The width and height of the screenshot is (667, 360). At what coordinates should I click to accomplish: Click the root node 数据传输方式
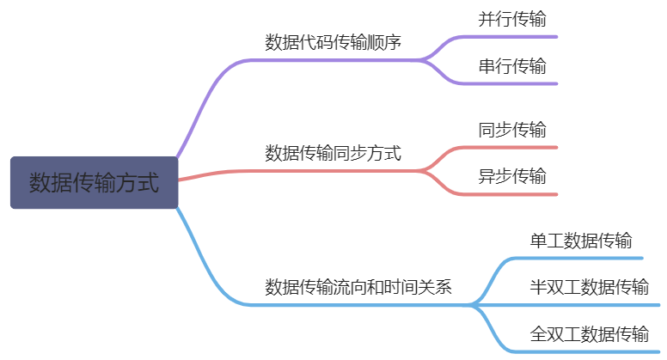[94, 182]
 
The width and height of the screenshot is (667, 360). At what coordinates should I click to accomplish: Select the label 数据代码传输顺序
[333, 42]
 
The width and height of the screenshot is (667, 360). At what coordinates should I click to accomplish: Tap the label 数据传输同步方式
[333, 154]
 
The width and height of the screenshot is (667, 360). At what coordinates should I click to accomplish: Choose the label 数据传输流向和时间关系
[358, 287]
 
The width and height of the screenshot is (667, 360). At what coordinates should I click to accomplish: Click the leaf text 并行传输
[511, 19]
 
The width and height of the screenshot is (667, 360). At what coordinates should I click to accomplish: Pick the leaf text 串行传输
[511, 66]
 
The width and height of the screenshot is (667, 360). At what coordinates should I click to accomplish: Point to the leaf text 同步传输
[511, 131]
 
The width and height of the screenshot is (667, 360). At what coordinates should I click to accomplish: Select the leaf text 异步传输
[511, 177]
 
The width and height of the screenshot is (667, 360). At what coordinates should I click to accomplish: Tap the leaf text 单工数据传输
[581, 241]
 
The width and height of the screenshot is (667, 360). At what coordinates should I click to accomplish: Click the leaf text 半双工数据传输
[589, 287]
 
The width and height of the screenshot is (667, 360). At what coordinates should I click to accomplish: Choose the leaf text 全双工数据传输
[589, 333]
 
